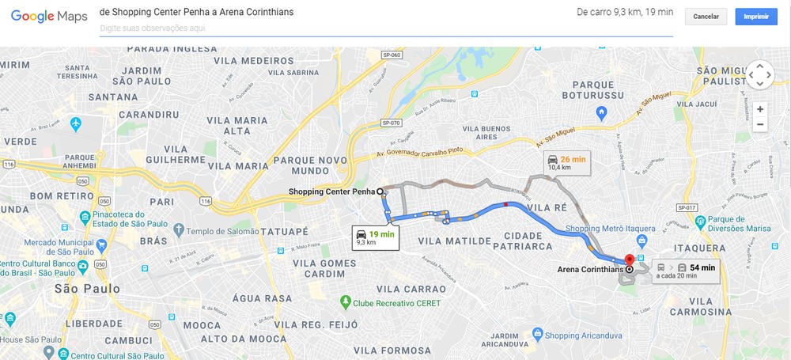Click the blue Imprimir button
point(755,17)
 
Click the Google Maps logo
point(49,16)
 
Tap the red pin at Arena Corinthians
point(630,260)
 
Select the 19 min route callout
point(377,237)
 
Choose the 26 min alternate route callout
point(568,163)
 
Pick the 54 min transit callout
point(687,271)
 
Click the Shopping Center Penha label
point(331,191)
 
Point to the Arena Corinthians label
point(590,270)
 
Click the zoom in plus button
point(760,109)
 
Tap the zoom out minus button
point(760,124)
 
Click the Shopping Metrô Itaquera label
point(611,229)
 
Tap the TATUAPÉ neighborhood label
point(278,232)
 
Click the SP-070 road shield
point(392,123)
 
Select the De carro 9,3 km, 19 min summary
point(625,12)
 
